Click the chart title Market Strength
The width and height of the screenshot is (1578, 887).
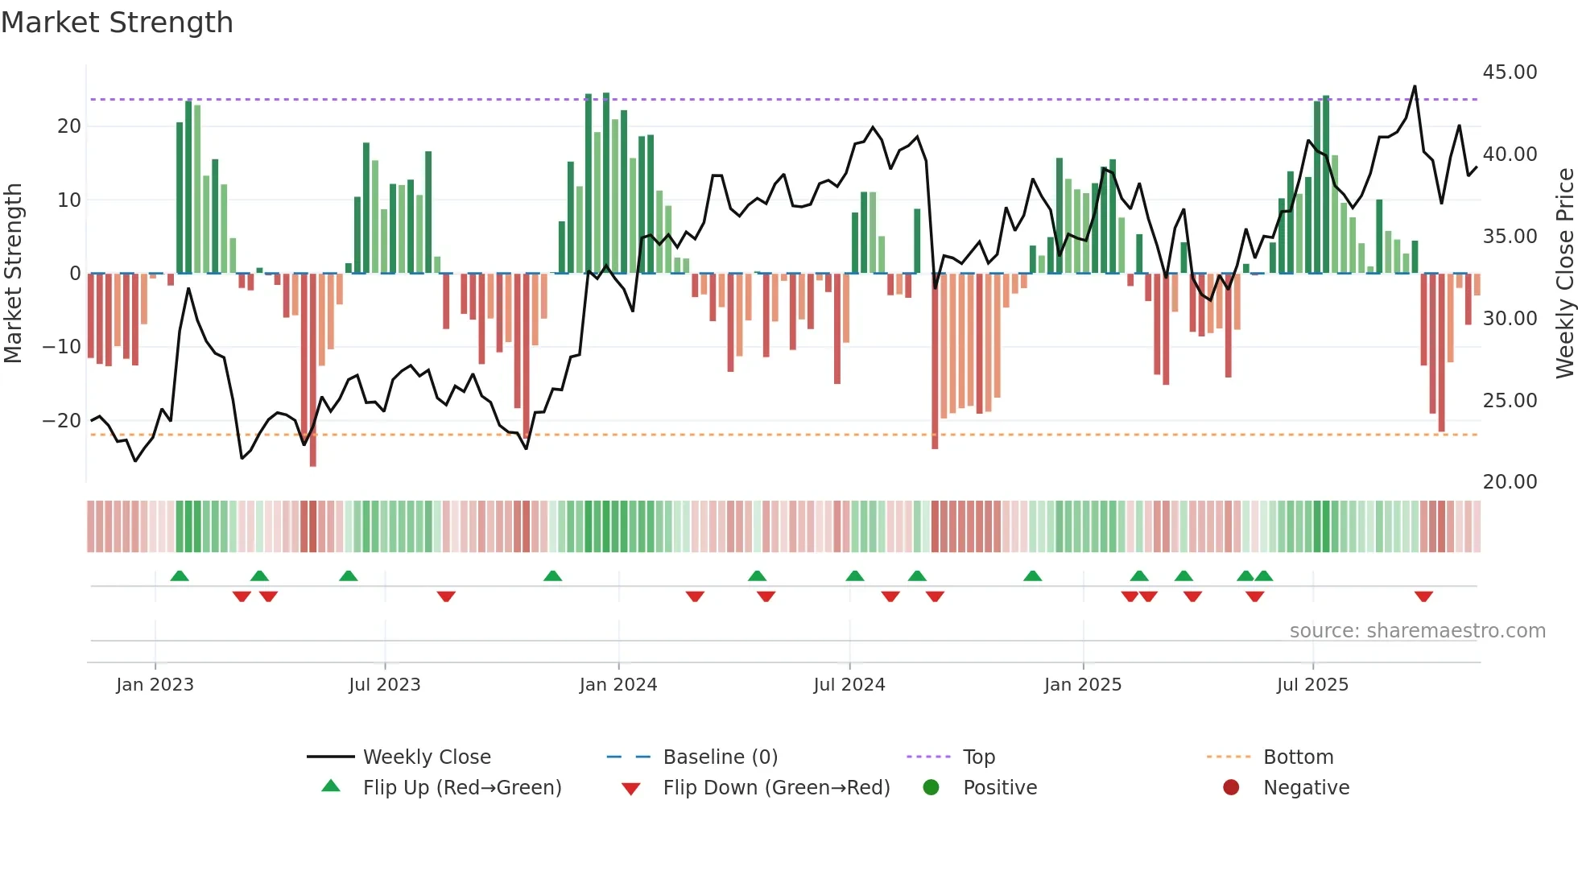click(x=117, y=23)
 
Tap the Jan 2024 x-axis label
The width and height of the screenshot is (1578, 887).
click(x=618, y=685)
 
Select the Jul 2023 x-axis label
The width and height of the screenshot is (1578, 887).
click(x=384, y=685)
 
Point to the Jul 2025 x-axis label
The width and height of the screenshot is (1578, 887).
click(x=1312, y=685)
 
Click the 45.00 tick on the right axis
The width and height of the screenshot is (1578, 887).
click(x=1510, y=72)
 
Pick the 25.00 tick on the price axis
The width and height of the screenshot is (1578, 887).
click(x=1510, y=401)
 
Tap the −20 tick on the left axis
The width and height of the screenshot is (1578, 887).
click(x=62, y=421)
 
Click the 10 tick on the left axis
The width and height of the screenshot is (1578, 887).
click(x=69, y=200)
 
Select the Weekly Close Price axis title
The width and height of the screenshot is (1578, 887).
click(x=1564, y=274)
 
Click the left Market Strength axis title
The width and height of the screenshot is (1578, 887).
click(x=13, y=274)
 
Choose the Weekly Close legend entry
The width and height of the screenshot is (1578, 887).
click(x=426, y=757)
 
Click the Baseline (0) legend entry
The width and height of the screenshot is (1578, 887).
click(x=720, y=757)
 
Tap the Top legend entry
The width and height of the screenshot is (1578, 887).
click(x=978, y=757)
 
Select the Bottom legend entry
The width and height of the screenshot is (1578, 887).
click(x=1298, y=757)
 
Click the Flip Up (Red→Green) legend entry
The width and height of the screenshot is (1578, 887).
click(x=461, y=788)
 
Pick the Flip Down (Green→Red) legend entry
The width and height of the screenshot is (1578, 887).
click(x=776, y=788)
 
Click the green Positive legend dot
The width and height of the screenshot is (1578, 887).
click(x=931, y=788)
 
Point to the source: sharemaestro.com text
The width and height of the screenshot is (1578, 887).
click(x=1417, y=631)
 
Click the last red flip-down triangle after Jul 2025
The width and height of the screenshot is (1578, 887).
click(x=1423, y=596)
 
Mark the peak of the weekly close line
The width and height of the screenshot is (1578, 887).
click(x=1415, y=86)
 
